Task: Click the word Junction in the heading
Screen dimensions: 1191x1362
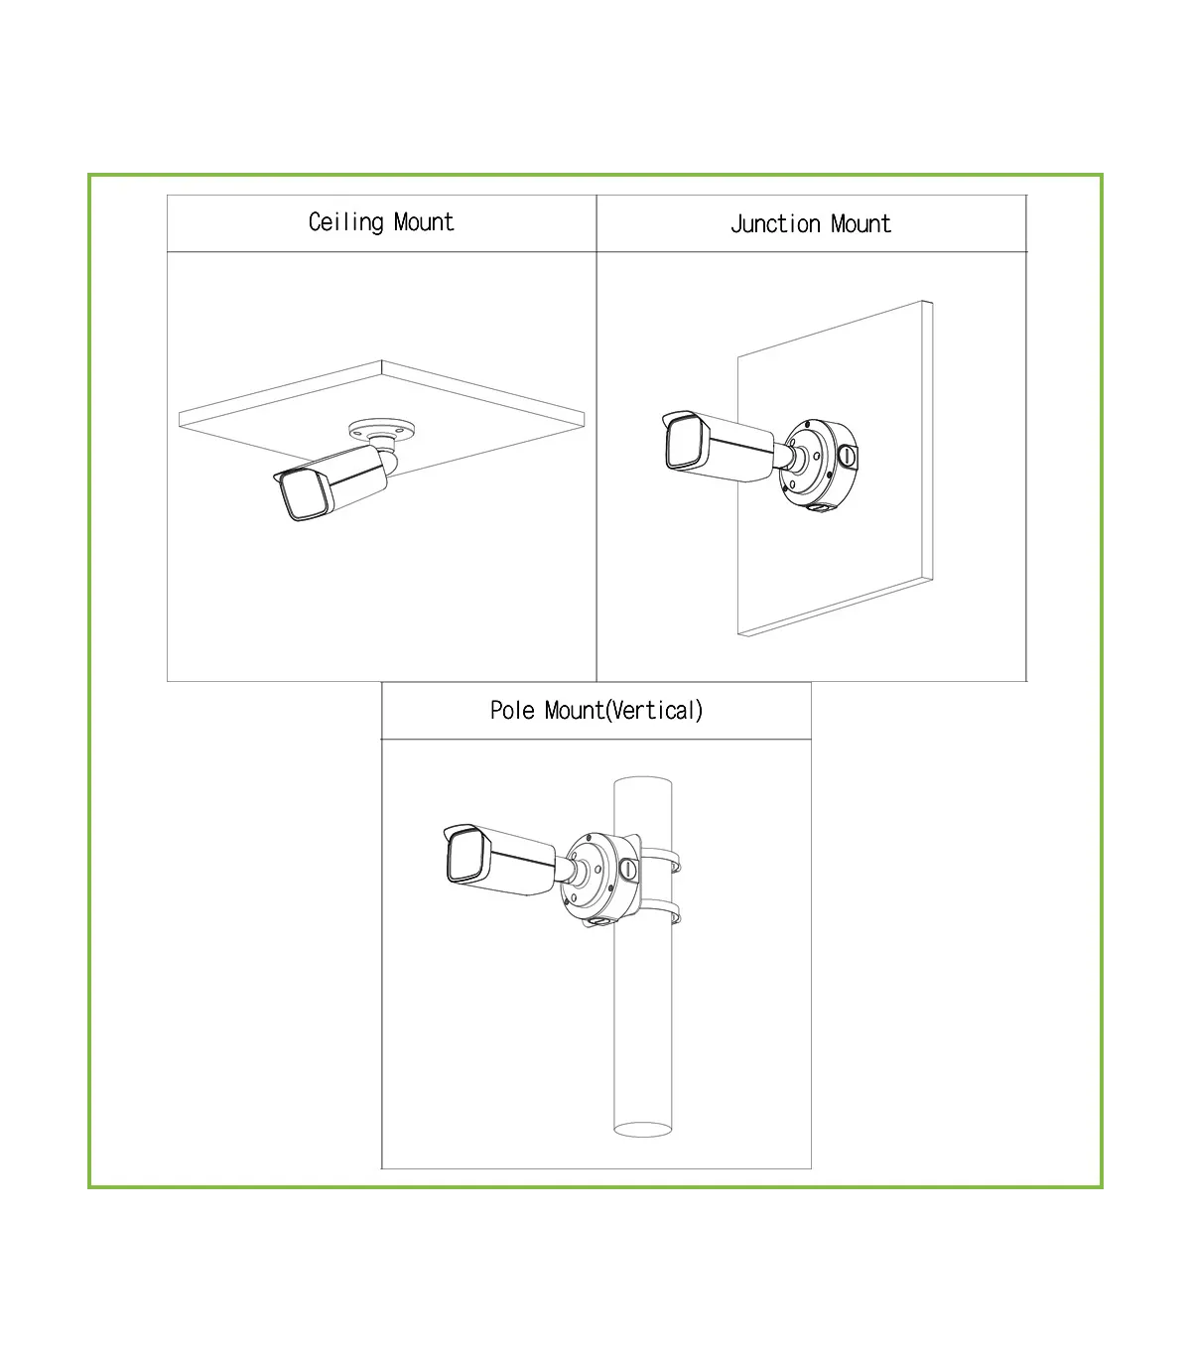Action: point(775,224)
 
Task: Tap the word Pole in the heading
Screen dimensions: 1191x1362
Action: point(512,711)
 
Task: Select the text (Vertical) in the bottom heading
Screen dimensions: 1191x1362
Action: point(654,711)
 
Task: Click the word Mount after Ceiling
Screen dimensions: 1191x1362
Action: point(424,221)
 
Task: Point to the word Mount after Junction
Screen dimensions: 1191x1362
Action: point(860,224)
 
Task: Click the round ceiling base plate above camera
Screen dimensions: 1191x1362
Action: point(381,430)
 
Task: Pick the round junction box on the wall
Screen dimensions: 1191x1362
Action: point(819,464)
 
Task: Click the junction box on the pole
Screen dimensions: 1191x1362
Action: point(600,878)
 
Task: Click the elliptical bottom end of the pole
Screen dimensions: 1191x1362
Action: point(643,1129)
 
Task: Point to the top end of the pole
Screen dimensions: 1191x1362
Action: point(643,783)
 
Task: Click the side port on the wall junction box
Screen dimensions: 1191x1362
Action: point(847,456)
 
